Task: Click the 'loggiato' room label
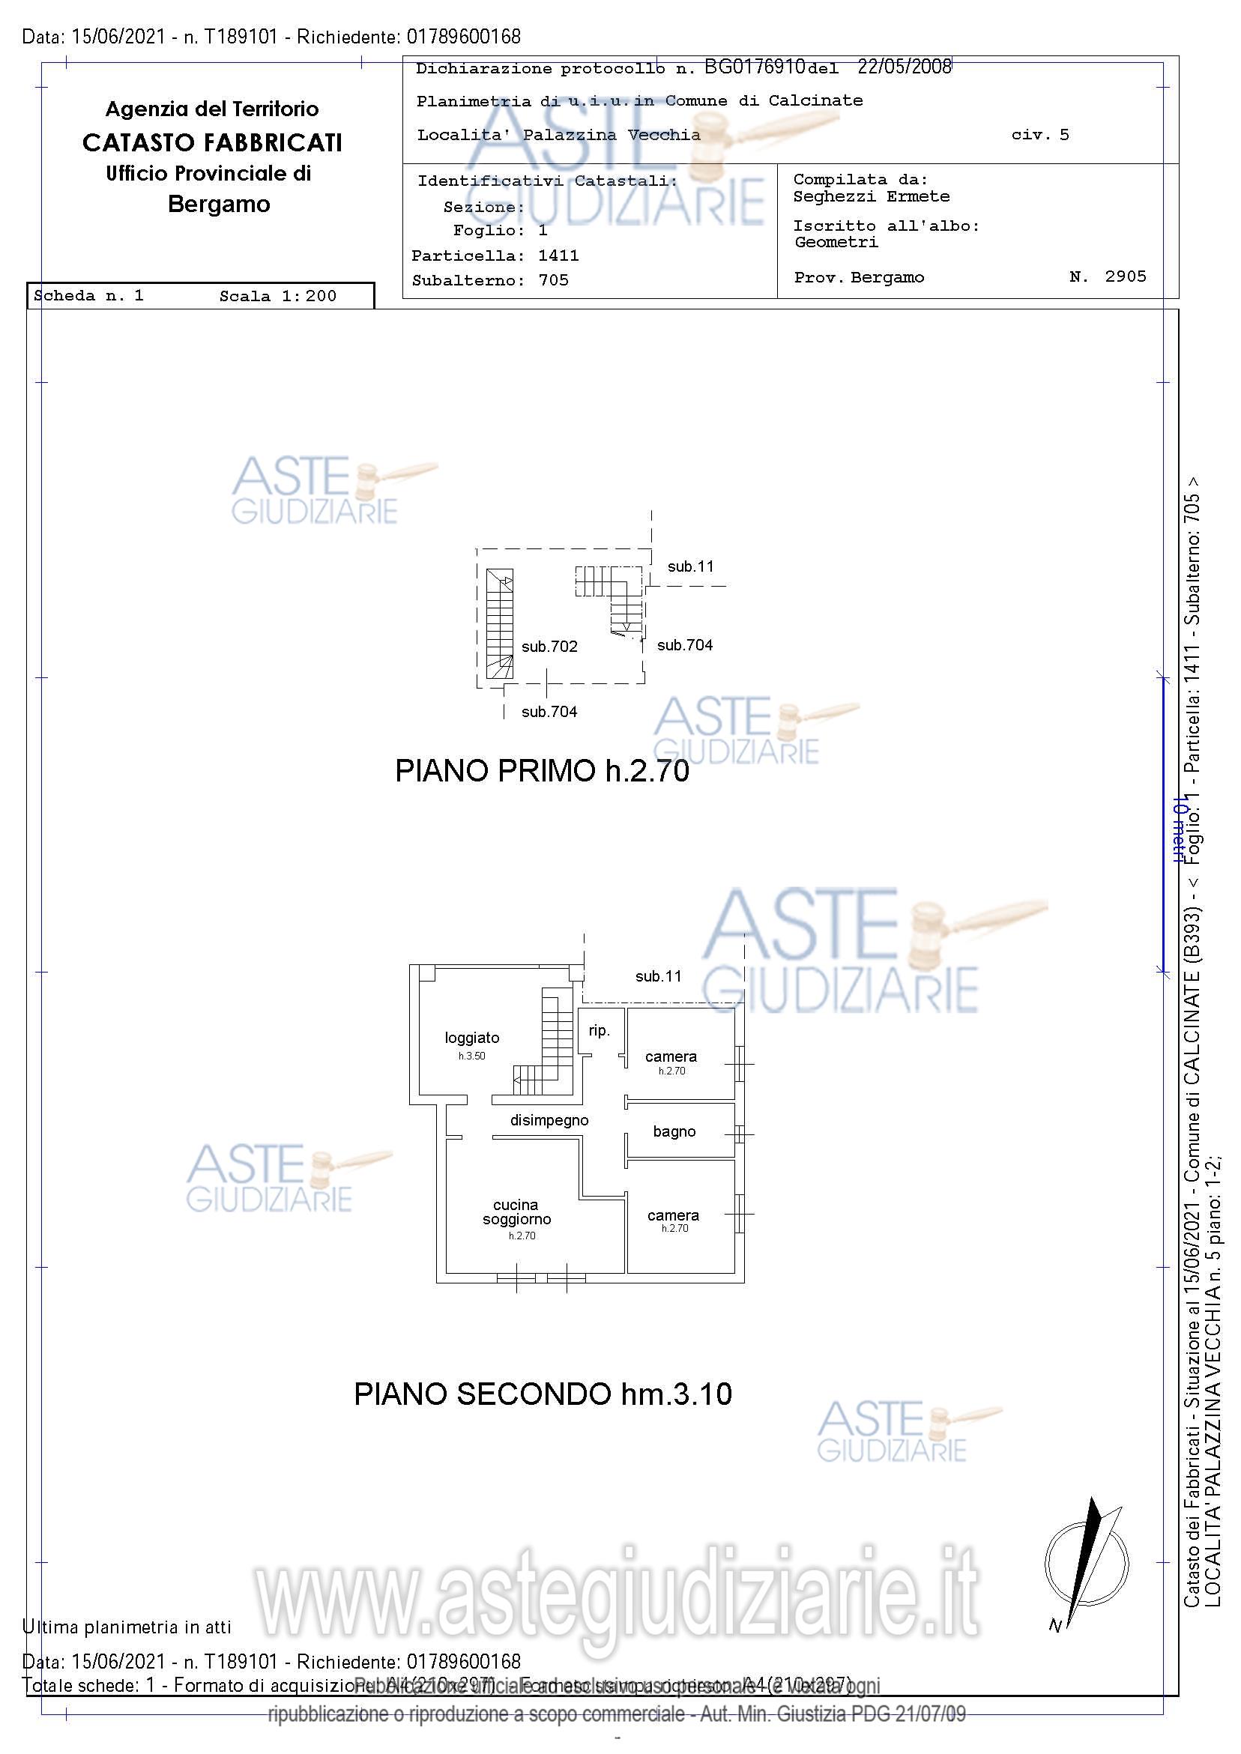471,1038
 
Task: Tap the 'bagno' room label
674,1131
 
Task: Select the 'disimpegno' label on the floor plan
549,1120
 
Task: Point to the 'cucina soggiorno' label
516,1212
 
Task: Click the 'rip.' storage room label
599,1030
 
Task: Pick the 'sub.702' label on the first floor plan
549,647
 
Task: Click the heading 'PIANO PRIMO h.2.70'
542,771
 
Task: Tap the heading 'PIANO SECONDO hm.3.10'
543,1394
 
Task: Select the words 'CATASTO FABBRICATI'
211,143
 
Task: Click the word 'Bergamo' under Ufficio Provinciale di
219,205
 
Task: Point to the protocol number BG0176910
754,67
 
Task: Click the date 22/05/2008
904,67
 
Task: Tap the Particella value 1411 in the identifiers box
558,256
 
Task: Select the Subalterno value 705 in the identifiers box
553,280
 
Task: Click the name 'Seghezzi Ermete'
871,196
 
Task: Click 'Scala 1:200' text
277,297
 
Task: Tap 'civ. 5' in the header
1040,135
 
